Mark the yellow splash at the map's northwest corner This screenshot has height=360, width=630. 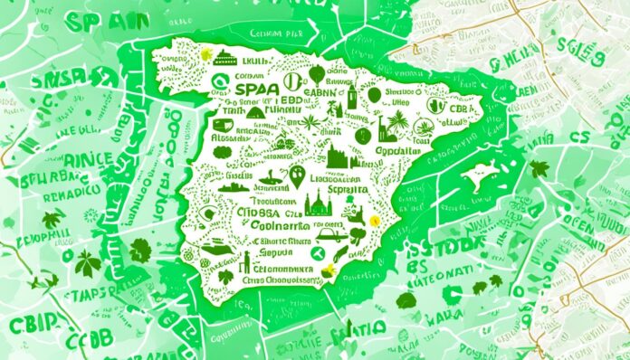point(206,54)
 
